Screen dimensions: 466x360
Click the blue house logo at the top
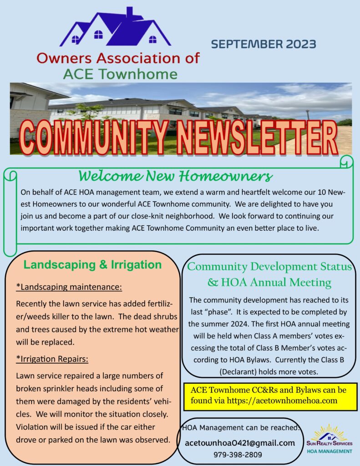coord(115,28)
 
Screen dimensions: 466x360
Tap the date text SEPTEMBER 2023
coord(264,44)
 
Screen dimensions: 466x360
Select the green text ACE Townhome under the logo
coord(120,74)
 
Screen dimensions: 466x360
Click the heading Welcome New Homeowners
coord(175,175)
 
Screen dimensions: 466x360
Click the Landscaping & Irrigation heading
coord(92,265)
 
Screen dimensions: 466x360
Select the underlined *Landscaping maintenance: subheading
coord(69,287)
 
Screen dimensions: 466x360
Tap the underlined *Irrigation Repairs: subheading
coord(52,359)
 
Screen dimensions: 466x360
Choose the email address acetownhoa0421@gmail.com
coord(240,442)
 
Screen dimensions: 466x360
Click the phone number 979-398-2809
coord(238,454)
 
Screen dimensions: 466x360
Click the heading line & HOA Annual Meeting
coord(269,283)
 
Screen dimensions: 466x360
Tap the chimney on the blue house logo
coord(130,11)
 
